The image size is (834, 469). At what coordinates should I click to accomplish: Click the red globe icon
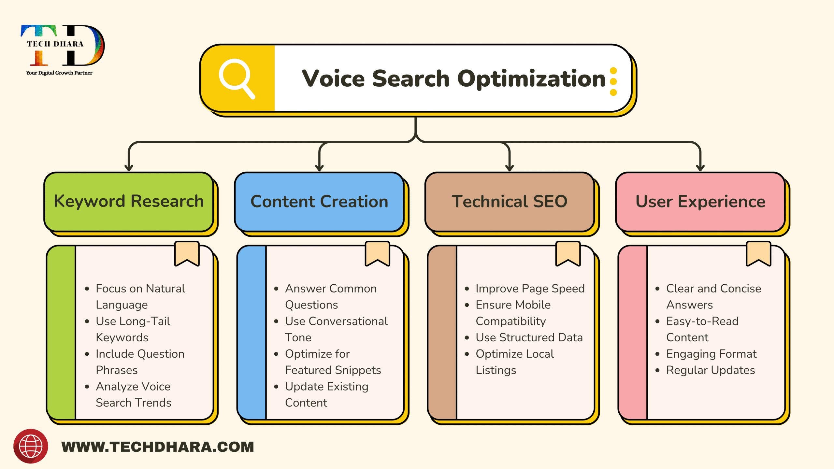tap(31, 446)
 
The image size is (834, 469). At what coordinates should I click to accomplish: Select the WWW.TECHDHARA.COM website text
tap(158, 447)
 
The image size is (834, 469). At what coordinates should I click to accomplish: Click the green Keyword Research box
tap(129, 202)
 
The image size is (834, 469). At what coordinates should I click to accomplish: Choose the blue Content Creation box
tap(319, 202)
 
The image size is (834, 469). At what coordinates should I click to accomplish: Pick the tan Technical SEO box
tap(510, 202)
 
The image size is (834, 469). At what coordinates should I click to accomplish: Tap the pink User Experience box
tap(700, 202)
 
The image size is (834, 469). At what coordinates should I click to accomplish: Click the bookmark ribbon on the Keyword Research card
tap(187, 253)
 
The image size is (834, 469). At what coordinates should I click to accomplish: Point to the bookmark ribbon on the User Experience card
tap(759, 253)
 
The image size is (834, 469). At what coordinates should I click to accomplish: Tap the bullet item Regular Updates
tap(711, 370)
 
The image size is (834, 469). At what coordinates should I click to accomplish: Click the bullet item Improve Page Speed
tap(530, 289)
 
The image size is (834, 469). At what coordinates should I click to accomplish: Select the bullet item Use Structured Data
tap(529, 337)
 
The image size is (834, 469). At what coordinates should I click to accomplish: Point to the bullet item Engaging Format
tap(712, 354)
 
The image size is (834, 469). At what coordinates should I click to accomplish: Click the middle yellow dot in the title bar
tap(613, 81)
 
